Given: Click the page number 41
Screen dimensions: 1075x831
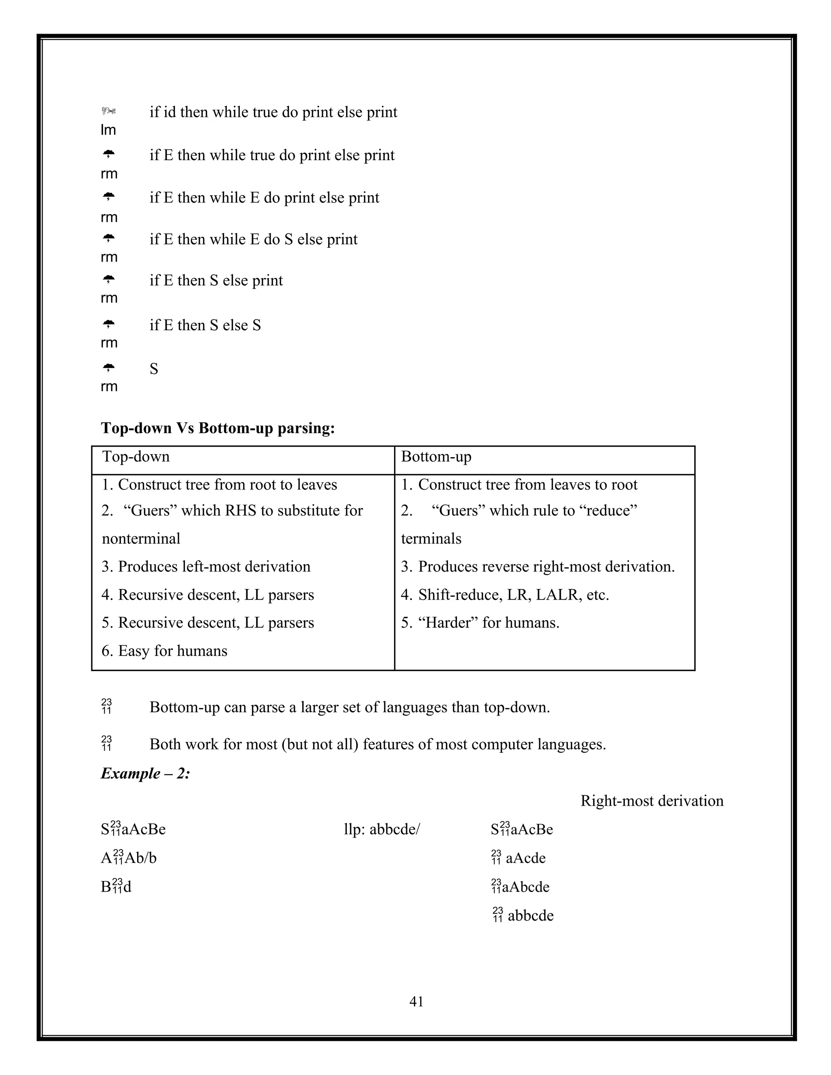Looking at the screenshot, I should (x=416, y=1001).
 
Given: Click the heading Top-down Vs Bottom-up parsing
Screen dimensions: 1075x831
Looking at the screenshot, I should (x=217, y=428).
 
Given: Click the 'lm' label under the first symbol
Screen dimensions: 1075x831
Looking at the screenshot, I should (x=108, y=130).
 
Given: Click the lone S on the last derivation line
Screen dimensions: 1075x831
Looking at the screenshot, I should (x=154, y=369).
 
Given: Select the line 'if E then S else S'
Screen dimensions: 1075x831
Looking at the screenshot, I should (x=205, y=325).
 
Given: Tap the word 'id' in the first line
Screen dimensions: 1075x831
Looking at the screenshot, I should (x=169, y=112).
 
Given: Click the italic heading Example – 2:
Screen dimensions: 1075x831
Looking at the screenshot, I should (x=145, y=773).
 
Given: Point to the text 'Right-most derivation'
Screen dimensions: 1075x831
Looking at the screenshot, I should (x=652, y=801).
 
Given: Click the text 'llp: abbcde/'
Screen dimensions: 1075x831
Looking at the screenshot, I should (x=382, y=830).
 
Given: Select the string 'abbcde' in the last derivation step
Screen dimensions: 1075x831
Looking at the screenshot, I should (x=531, y=916).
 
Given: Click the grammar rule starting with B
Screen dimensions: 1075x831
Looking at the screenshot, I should (x=116, y=887).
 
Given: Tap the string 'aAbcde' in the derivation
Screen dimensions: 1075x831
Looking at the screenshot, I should (x=526, y=887).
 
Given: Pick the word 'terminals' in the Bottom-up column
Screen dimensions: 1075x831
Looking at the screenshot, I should (x=431, y=538).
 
